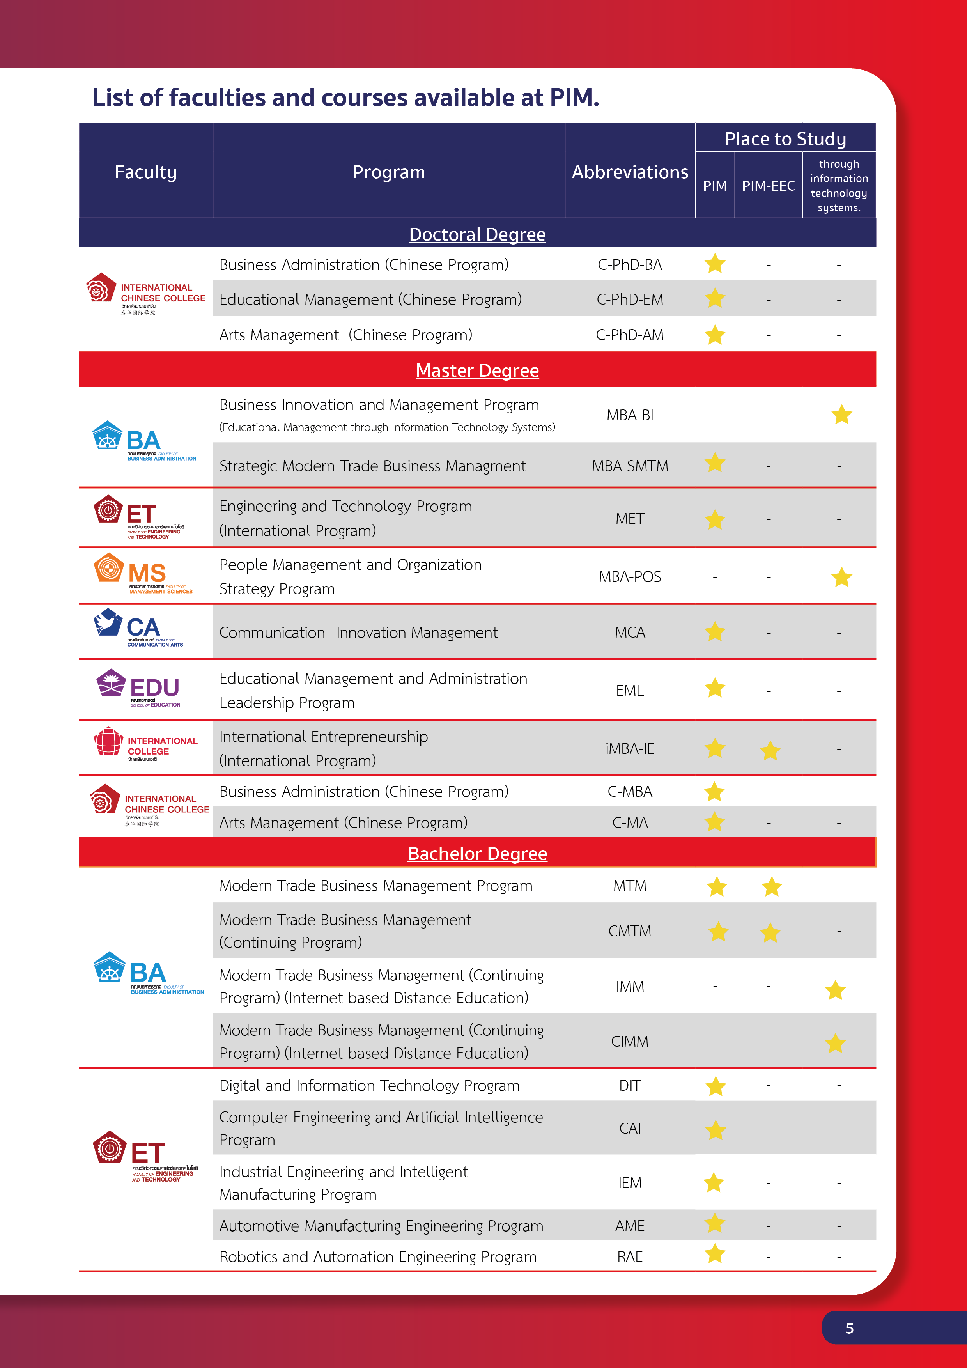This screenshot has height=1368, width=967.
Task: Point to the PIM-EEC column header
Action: pyautogui.click(x=768, y=186)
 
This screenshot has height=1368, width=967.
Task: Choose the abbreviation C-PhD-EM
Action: pyautogui.click(x=630, y=299)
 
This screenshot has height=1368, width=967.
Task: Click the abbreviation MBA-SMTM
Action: pyautogui.click(x=630, y=465)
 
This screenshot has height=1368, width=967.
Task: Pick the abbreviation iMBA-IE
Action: pyautogui.click(x=630, y=748)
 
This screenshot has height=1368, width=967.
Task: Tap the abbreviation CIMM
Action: pyautogui.click(x=630, y=1041)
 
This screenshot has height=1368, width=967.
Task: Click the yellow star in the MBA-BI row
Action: pyautogui.click(x=841, y=415)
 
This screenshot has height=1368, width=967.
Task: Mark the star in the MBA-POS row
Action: pyautogui.click(x=841, y=577)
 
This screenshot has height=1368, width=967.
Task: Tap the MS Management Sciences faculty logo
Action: pyautogui.click(x=143, y=574)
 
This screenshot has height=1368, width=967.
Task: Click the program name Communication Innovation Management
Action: pyautogui.click(x=358, y=632)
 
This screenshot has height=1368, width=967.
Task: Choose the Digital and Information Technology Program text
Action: pyautogui.click(x=369, y=1085)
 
